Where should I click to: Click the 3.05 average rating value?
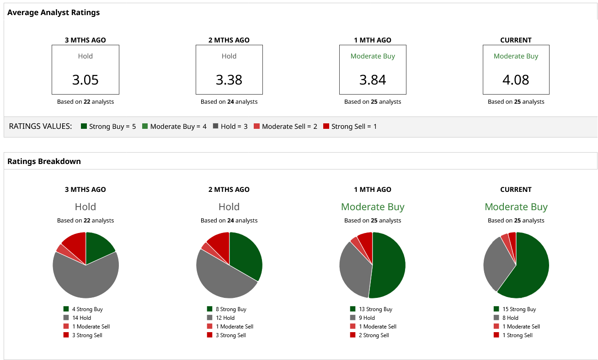point(85,80)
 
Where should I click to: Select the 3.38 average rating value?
point(229,80)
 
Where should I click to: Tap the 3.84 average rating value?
point(373,80)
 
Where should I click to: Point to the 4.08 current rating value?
point(516,80)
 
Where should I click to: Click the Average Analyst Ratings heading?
point(53,13)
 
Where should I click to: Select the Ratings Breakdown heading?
point(44,161)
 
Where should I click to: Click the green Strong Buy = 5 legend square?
point(84,127)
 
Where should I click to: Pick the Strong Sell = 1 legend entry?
point(350,127)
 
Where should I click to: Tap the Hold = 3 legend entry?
point(230,127)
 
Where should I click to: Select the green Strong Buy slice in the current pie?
point(530,270)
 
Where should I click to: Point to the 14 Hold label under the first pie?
point(81,318)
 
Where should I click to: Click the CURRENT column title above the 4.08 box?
point(516,40)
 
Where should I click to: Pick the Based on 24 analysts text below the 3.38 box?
point(229,102)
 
